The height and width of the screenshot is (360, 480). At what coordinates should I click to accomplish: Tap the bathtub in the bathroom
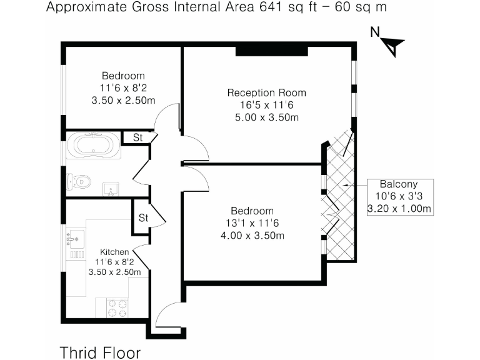coord(94,146)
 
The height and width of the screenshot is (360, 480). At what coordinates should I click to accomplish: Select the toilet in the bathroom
coord(79,182)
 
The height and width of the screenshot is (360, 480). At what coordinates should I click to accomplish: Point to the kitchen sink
coord(75,237)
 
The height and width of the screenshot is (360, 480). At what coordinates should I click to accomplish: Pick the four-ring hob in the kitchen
coord(116,308)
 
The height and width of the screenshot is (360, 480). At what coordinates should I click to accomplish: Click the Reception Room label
coord(266,93)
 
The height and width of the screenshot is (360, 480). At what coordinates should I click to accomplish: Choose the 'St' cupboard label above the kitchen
coord(143,218)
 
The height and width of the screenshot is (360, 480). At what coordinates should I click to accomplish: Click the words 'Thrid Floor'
coord(100,351)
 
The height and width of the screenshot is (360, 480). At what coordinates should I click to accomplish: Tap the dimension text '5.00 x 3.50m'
coord(266,117)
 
